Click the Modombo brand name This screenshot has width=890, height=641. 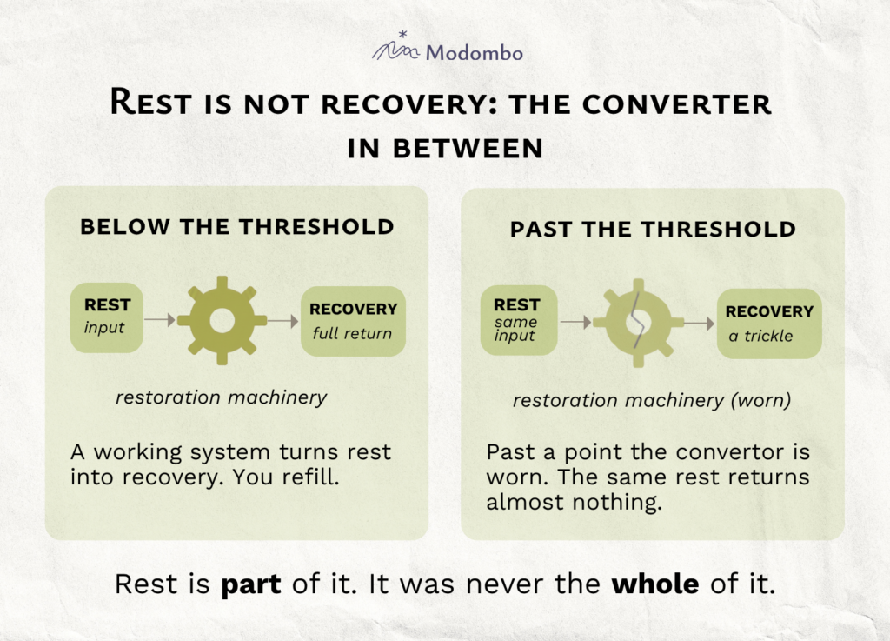click(474, 53)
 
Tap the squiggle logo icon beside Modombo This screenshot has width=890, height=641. click(395, 47)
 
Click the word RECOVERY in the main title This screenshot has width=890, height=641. click(408, 104)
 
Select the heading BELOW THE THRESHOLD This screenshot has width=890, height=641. click(237, 226)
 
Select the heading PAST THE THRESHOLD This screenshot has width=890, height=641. click(653, 230)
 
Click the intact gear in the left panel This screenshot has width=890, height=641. click(222, 320)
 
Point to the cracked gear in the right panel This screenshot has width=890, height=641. click(639, 323)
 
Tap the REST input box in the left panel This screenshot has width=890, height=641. click(107, 318)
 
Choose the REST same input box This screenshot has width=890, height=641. click(519, 320)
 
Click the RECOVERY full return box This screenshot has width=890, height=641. click(353, 321)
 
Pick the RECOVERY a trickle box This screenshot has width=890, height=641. click(769, 324)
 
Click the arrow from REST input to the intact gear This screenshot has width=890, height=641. click(160, 320)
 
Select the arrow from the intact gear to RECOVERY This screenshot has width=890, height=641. click(283, 321)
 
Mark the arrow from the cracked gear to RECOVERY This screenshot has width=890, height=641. click(700, 324)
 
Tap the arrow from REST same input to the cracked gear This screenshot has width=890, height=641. click(576, 323)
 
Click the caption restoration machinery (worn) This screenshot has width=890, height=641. click(652, 400)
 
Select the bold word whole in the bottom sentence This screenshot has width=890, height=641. click(655, 584)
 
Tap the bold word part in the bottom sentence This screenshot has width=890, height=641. click(251, 585)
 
